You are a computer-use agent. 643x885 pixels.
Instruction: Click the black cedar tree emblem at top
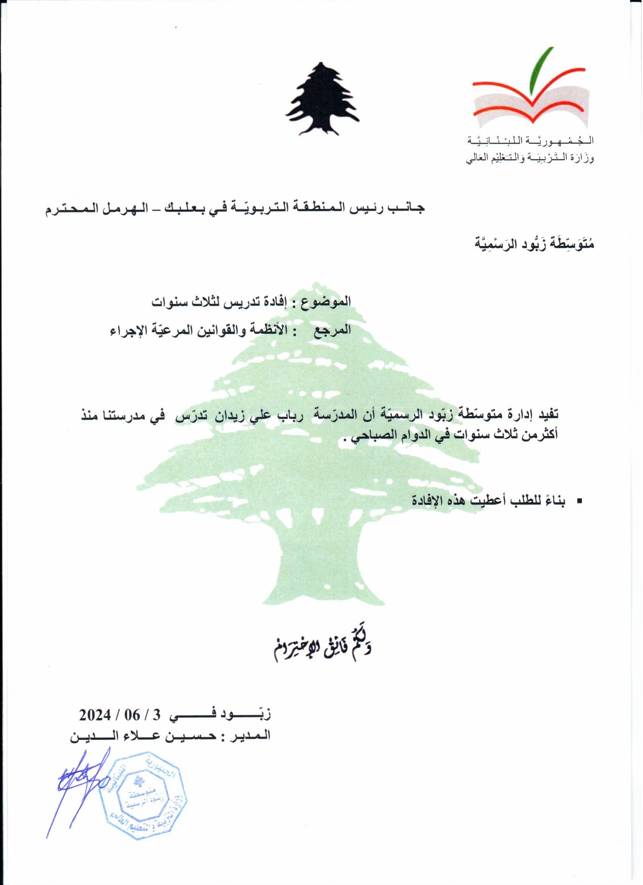322,100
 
